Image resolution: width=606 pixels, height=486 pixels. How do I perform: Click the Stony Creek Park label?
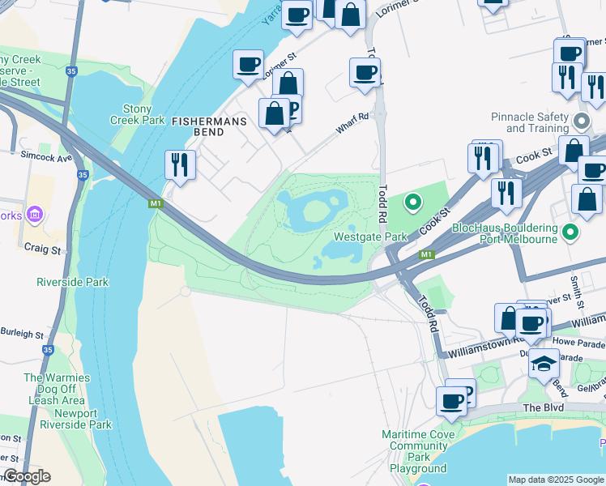point(137,114)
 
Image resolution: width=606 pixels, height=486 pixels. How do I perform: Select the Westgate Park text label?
point(370,237)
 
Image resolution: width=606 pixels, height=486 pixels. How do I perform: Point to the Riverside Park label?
point(73,282)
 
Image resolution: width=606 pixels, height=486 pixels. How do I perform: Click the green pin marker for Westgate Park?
point(413,202)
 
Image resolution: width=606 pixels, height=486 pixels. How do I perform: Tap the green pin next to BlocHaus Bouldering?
point(570,232)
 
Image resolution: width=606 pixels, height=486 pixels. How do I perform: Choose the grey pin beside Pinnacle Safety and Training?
point(581,122)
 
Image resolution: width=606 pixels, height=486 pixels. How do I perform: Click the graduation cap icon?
point(544,364)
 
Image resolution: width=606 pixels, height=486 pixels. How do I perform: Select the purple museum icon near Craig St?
point(34,215)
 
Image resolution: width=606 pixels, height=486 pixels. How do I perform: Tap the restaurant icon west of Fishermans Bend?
point(179,164)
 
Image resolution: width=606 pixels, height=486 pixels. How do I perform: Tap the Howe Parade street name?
point(574,343)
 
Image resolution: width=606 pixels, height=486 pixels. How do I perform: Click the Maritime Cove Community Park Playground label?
point(418,451)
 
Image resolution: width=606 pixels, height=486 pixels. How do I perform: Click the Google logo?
point(26,476)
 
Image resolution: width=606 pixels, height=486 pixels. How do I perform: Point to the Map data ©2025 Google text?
point(556,480)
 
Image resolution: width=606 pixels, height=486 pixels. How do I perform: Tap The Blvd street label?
point(543,407)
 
